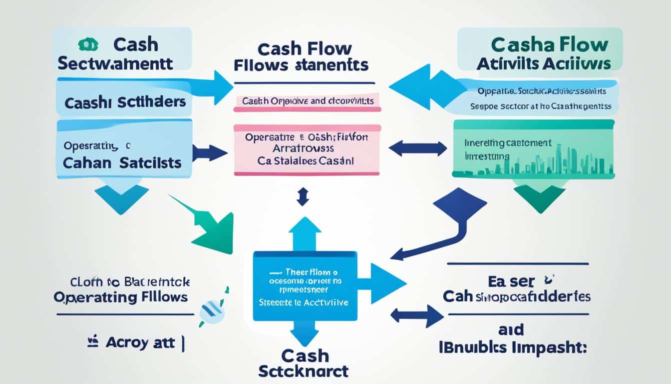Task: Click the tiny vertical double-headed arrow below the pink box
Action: (x=301, y=197)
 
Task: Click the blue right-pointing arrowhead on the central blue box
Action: (x=387, y=283)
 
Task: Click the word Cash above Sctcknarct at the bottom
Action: (x=305, y=355)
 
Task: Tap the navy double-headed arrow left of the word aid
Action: (x=417, y=316)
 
